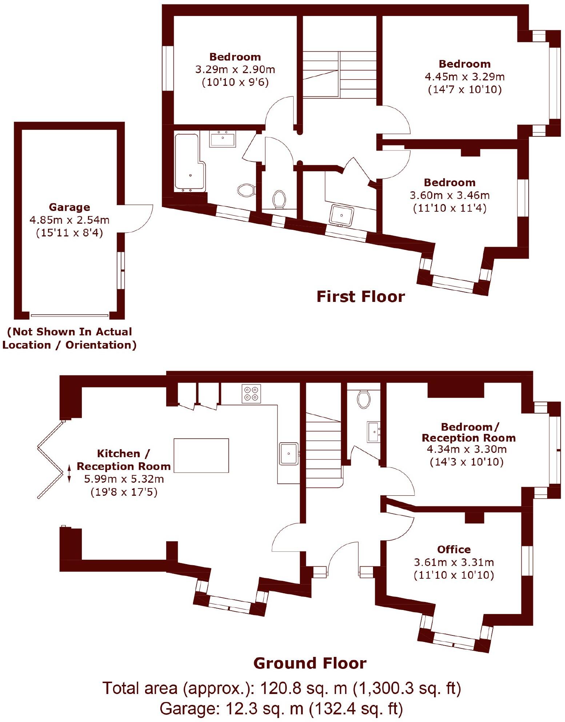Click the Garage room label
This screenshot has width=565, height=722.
(69, 207)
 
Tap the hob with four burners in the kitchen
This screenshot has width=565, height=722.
(251, 394)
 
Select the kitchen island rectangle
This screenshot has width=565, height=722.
(201, 455)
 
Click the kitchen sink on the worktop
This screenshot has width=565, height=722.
(289, 454)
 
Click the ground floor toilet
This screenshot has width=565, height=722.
(364, 399)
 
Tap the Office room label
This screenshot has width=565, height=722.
(454, 549)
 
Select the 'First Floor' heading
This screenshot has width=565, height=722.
(360, 296)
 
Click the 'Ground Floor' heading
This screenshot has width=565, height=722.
(310, 663)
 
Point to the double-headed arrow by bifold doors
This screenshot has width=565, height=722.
(69, 473)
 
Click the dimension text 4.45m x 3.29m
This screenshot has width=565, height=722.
(465, 77)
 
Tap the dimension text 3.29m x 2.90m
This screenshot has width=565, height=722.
(235, 69)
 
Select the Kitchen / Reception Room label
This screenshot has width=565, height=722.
(124, 460)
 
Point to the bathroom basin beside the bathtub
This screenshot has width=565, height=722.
(223, 139)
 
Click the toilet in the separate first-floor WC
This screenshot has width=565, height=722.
(279, 199)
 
